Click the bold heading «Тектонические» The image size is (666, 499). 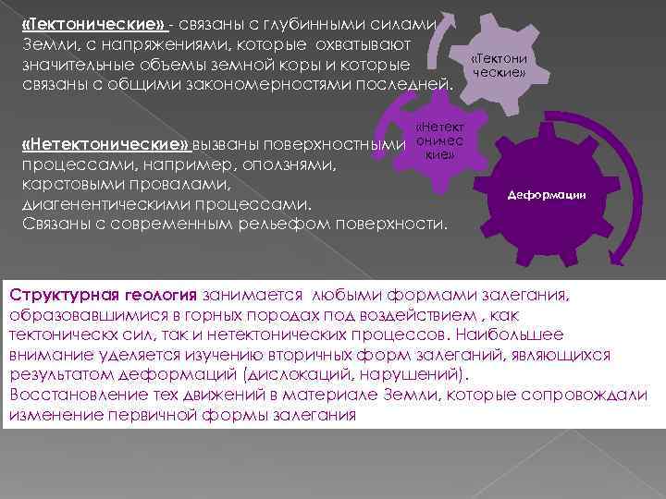point(93,24)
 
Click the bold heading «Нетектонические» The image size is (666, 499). point(105,145)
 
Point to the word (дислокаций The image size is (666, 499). point(289,374)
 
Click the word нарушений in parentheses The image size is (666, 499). point(413,374)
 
